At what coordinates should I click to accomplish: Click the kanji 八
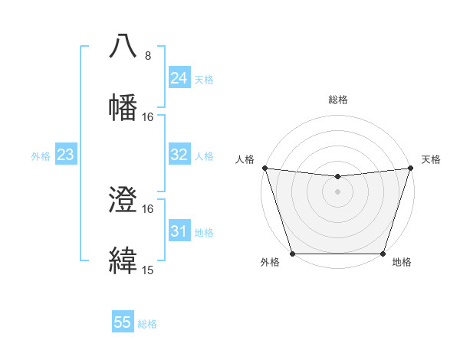[x=123, y=47]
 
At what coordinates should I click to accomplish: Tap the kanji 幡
[x=123, y=106]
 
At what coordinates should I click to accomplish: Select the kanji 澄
[x=123, y=201]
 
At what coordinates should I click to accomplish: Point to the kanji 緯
[x=123, y=260]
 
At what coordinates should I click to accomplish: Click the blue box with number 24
[x=179, y=78]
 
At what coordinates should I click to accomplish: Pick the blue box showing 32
[x=179, y=155]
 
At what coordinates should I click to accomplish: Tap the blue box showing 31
[x=179, y=231]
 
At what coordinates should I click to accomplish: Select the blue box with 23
[x=65, y=155]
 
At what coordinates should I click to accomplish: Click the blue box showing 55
[x=123, y=322]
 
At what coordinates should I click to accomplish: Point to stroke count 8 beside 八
[x=148, y=56]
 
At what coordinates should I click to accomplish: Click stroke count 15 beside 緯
[x=148, y=270]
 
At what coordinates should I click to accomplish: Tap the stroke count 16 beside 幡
[x=148, y=116]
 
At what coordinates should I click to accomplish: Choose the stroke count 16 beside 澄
[x=148, y=209]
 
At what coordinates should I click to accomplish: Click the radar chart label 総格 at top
[x=337, y=100]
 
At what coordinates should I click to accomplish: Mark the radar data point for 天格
[x=410, y=168]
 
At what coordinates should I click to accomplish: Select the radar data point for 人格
[x=264, y=168]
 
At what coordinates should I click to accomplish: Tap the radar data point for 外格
[x=292, y=254]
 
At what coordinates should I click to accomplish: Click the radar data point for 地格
[x=383, y=254]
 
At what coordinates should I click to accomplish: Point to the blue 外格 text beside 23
[x=41, y=156]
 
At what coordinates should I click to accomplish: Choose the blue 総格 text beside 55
[x=147, y=324]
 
